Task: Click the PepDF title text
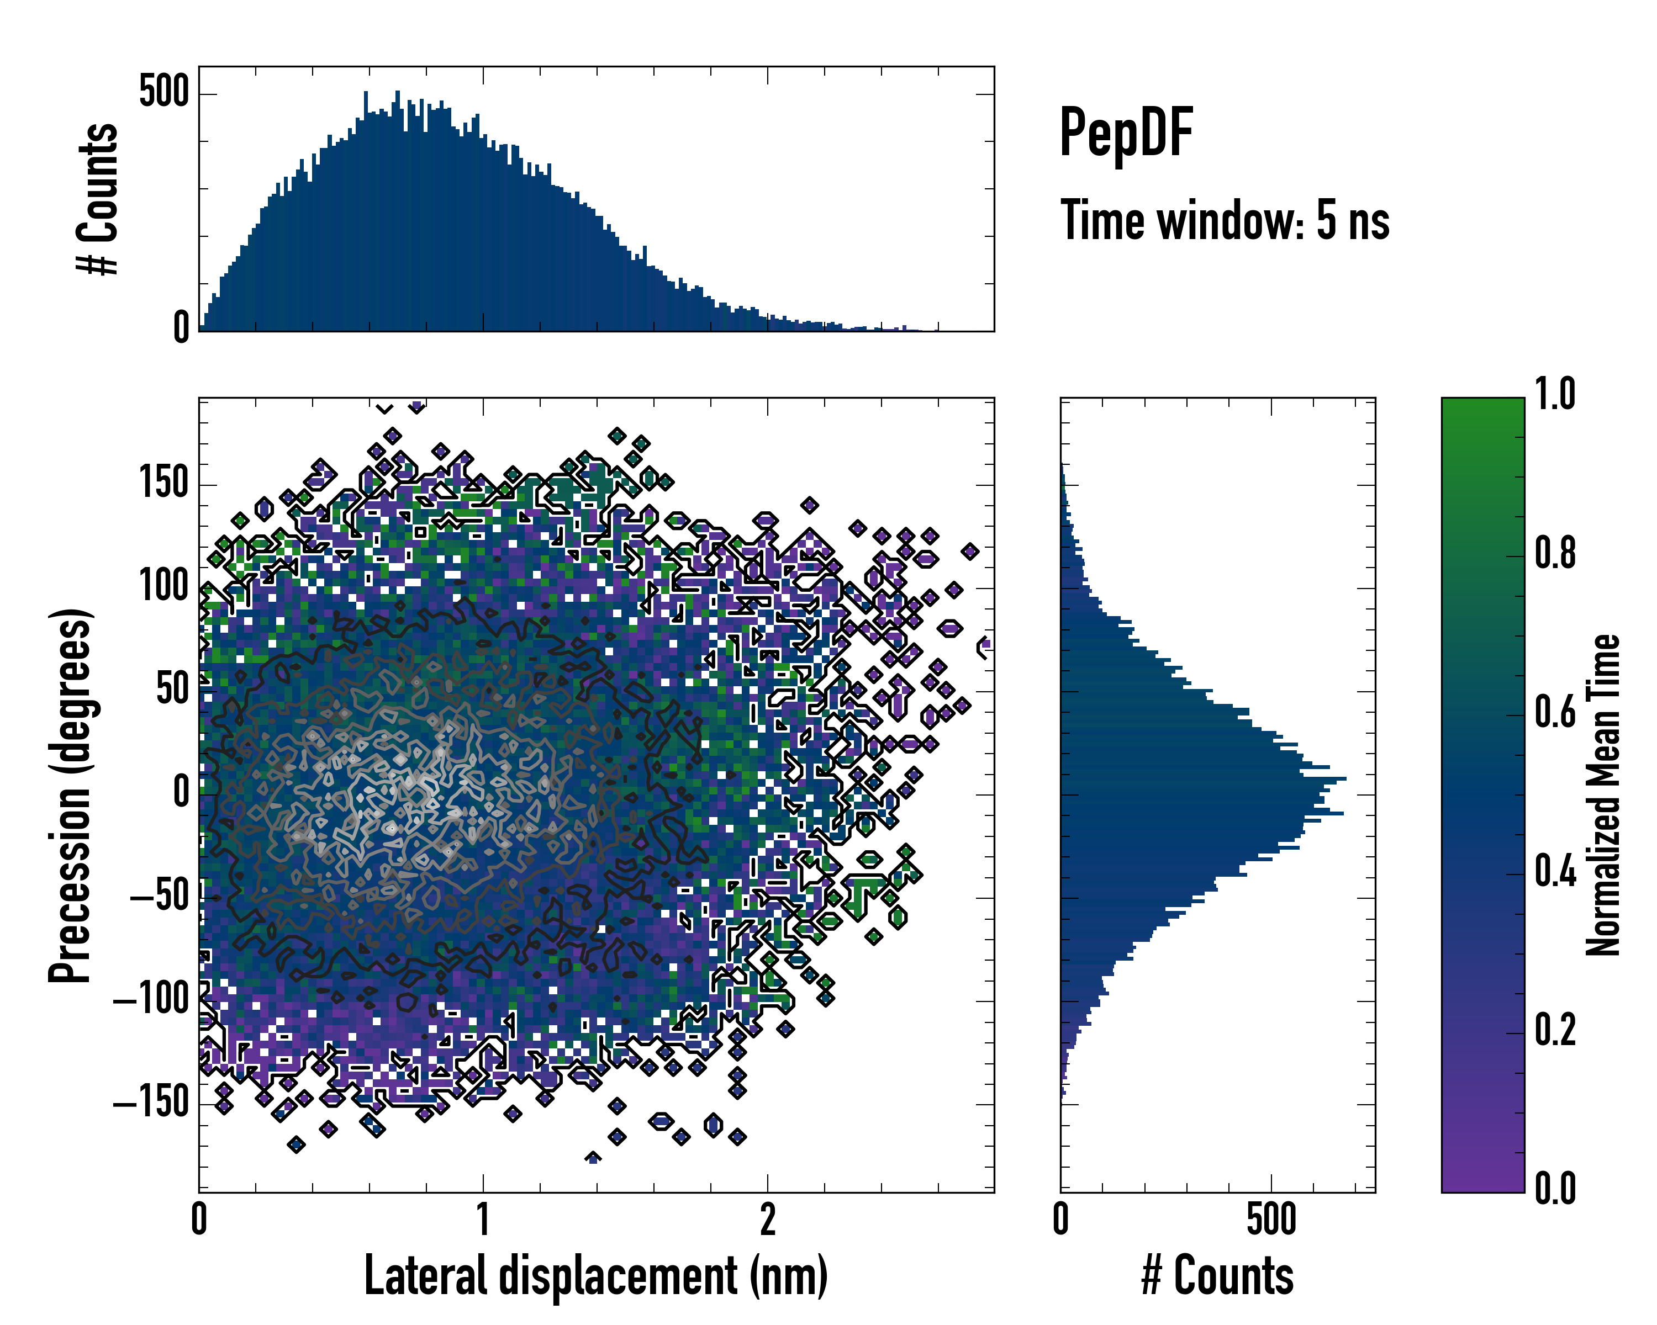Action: [x=1125, y=132]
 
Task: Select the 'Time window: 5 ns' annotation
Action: [x=1225, y=220]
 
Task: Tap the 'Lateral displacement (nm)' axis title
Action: [x=595, y=1275]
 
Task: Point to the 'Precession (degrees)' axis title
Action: [x=71, y=795]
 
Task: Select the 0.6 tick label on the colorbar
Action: [x=1554, y=712]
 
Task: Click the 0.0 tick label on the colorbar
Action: [x=1554, y=1188]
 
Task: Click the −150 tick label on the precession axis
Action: [x=151, y=1103]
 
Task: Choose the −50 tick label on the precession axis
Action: [x=159, y=897]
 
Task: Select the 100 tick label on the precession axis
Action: [x=163, y=586]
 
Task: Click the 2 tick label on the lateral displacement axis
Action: [x=767, y=1219]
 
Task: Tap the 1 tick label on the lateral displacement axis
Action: [x=483, y=1219]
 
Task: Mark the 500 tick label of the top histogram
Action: [x=163, y=93]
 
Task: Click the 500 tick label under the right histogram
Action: [x=1270, y=1219]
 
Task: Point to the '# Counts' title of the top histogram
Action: [x=98, y=198]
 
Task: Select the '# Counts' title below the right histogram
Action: [x=1217, y=1275]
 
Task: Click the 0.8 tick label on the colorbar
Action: [x=1554, y=553]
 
